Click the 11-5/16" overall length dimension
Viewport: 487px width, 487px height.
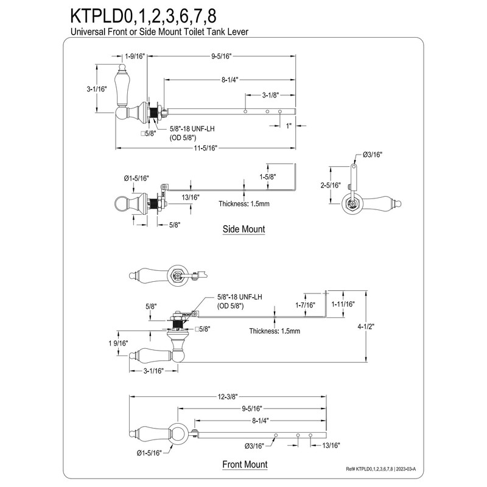point(206,148)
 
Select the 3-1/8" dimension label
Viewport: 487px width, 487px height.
point(272,96)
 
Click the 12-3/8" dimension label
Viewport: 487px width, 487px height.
point(228,396)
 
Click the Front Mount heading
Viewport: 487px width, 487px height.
point(245,464)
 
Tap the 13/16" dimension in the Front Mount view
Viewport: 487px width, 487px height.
point(332,446)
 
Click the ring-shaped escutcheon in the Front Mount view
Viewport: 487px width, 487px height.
point(180,433)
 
